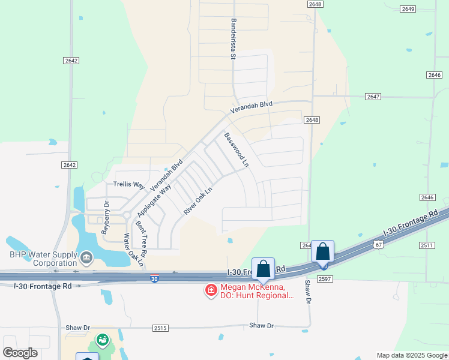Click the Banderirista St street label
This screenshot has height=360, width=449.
click(232, 38)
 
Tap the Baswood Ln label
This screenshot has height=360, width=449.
click(236, 149)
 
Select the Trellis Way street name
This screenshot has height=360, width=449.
click(129, 184)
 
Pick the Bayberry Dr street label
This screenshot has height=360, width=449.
click(106, 217)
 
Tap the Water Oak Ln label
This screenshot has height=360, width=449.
click(134, 250)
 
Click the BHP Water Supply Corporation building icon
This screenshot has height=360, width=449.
click(86, 258)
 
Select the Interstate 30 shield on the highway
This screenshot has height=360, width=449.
click(154, 279)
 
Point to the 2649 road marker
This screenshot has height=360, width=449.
click(408, 8)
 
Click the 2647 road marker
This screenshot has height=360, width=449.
click(373, 97)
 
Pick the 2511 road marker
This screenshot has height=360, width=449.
click(427, 245)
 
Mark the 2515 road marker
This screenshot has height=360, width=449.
click(160, 328)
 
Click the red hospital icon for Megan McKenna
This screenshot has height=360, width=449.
click(211, 291)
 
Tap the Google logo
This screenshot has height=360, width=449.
click(20, 353)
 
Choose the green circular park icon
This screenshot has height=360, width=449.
click(103, 340)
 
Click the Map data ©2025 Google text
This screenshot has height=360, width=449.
click(411, 355)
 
